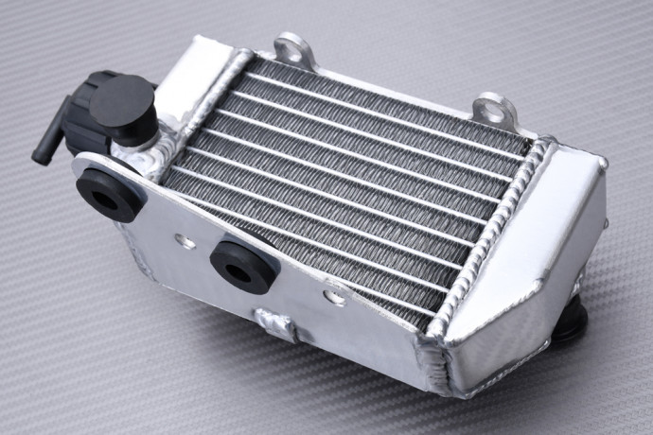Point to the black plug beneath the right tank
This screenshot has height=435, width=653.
click(x=569, y=326)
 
